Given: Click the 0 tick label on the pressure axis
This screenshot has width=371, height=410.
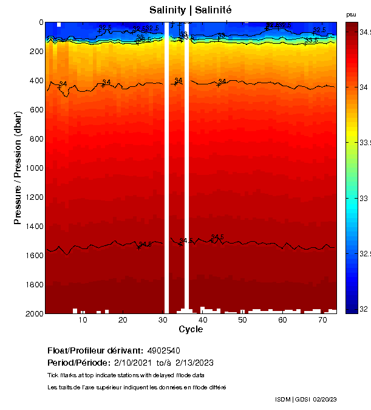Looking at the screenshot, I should pos(39,22).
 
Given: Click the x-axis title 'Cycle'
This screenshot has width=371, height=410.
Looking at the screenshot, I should pos(191,329).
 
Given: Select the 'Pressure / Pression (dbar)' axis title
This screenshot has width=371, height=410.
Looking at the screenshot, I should pos(18,168).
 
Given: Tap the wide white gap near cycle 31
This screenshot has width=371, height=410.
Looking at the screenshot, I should pos(166,168).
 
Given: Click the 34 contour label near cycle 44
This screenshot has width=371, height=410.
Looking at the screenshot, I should pos(222,81).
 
